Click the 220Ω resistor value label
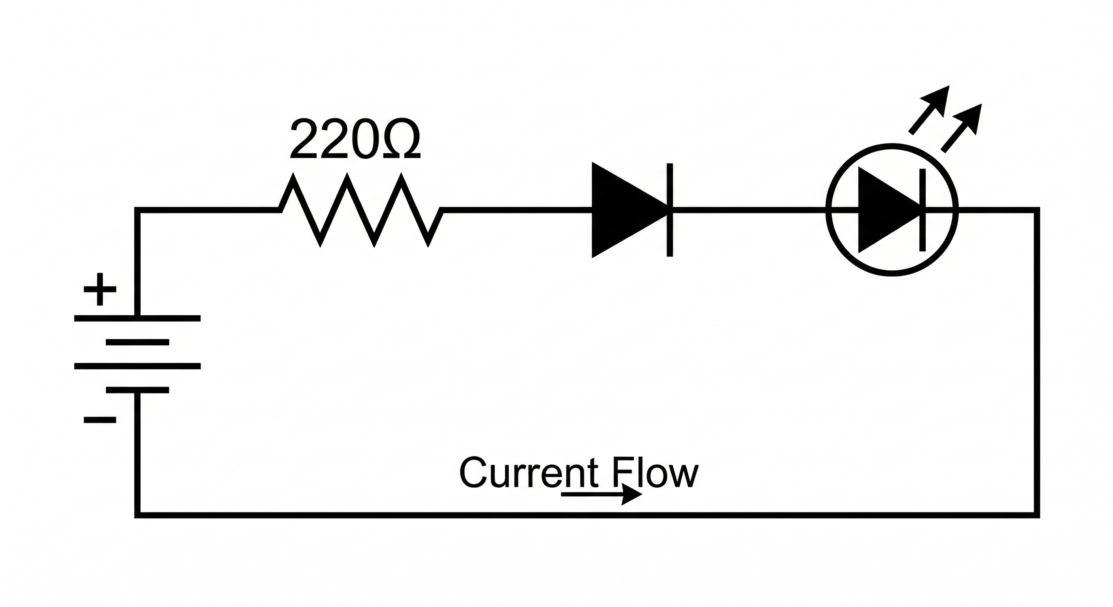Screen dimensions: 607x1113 355,138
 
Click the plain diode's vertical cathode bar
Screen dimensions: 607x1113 670,210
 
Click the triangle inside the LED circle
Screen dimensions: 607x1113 881,210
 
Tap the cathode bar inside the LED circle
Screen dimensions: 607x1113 922,210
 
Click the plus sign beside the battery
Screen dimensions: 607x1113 100,289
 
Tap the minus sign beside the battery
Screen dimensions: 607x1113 100,420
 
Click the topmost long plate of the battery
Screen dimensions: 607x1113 138,319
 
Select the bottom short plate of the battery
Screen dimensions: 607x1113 138,390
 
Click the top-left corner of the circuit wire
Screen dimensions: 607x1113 138,210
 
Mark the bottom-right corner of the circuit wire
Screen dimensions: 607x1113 1037,515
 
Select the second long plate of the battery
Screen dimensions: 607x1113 138,366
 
